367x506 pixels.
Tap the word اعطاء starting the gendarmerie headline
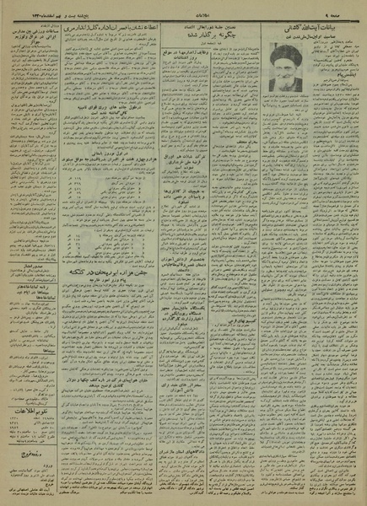(166, 27)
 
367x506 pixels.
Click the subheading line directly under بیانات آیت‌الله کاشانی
(321, 40)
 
